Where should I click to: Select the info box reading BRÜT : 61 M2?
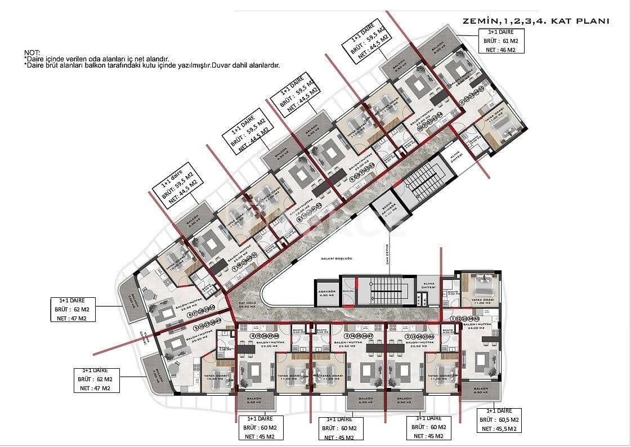point(503,42)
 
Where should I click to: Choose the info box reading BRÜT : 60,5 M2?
point(499,420)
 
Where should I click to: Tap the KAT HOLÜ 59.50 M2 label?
point(247,305)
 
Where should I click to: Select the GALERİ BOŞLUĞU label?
point(337,258)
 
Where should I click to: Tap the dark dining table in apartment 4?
point(246,349)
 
